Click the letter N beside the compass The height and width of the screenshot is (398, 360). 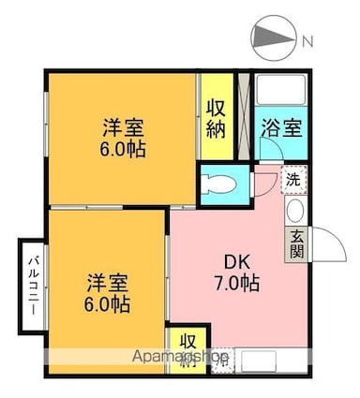307,41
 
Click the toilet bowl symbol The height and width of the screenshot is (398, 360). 219,184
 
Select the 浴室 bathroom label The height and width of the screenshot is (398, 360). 281,127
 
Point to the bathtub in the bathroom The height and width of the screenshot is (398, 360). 280,90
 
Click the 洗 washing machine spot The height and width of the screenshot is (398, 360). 294,180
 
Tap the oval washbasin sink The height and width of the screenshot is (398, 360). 295,211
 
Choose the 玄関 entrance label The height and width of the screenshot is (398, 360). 296,244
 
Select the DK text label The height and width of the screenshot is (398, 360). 238,262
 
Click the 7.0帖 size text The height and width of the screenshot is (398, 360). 236,283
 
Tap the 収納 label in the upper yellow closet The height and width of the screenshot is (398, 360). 216,119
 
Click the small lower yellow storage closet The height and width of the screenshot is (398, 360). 187,350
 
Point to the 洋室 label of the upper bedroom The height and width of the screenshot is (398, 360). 123,127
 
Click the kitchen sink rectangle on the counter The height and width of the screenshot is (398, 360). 259,361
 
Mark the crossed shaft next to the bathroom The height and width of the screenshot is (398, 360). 244,116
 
